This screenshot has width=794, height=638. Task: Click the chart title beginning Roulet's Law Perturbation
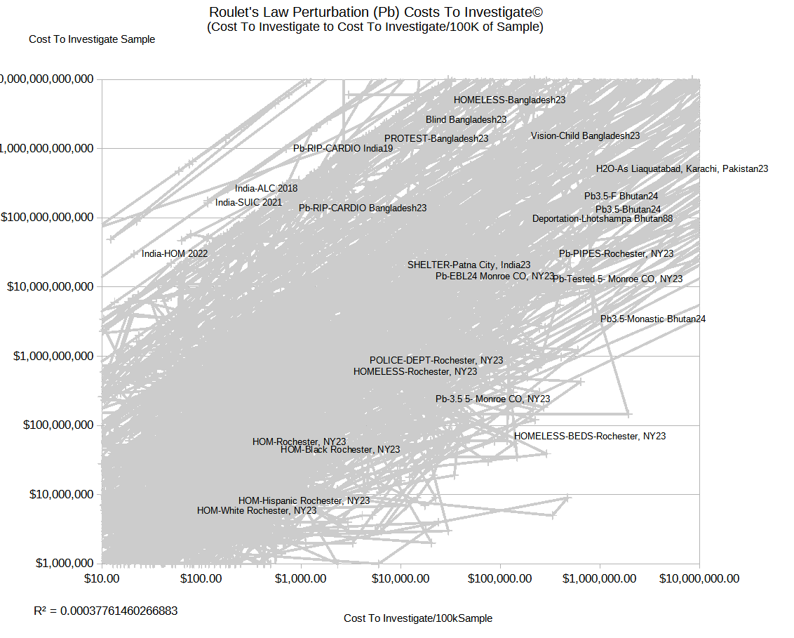(375, 13)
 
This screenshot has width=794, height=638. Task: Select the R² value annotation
(105, 611)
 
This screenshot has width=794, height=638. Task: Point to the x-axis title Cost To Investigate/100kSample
(417, 618)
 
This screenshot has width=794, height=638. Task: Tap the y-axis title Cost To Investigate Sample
(92, 39)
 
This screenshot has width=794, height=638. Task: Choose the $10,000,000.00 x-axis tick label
(699, 578)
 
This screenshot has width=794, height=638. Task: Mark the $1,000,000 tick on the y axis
(53, 563)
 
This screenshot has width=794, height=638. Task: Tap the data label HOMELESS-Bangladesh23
(509, 100)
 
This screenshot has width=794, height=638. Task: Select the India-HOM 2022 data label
(175, 253)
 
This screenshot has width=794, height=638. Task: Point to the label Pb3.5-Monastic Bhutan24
(653, 319)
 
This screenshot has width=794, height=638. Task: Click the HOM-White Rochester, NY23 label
(257, 511)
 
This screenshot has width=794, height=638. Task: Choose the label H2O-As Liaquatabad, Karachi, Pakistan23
(682, 169)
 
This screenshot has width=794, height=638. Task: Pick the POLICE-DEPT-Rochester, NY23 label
(436, 361)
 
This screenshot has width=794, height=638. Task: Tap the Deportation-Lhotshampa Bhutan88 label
(603, 219)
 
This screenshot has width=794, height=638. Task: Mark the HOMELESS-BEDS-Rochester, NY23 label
(590, 436)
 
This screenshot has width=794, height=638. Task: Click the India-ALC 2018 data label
(267, 188)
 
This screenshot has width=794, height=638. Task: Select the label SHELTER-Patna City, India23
(469, 265)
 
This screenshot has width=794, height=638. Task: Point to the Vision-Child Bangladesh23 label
(585, 135)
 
